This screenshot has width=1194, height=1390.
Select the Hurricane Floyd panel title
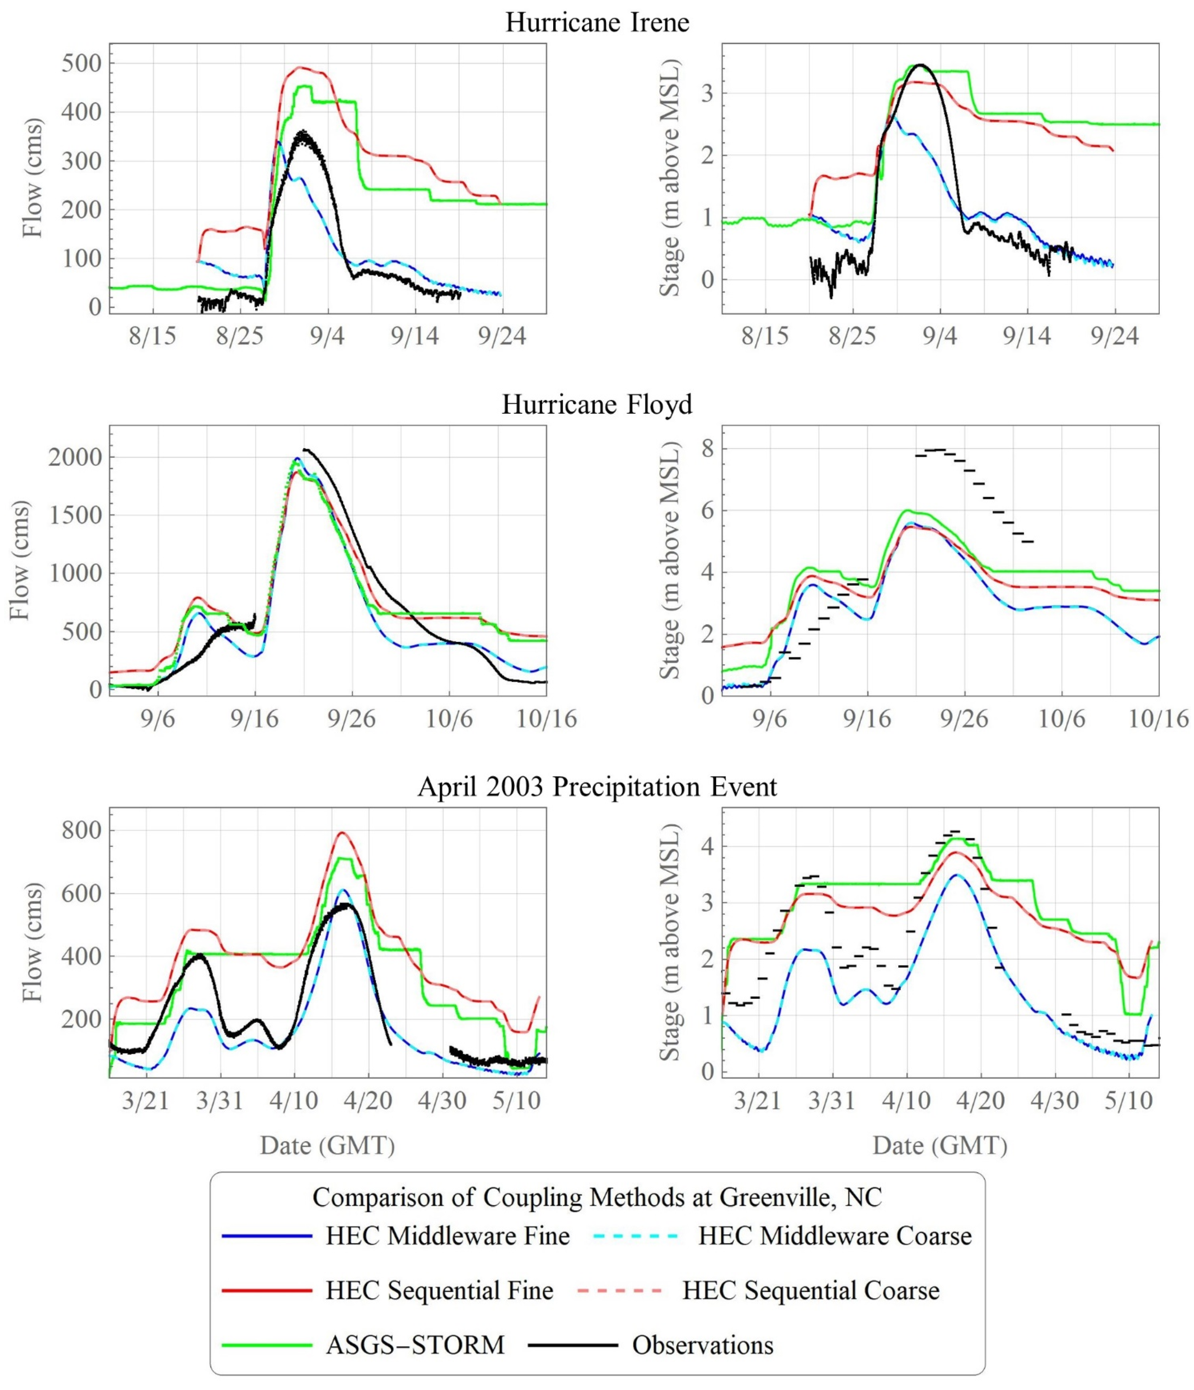(597, 405)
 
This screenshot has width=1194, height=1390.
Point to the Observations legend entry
(651, 1344)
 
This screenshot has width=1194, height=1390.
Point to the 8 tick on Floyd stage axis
(708, 448)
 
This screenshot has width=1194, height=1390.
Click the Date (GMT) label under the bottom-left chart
(327, 1145)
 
